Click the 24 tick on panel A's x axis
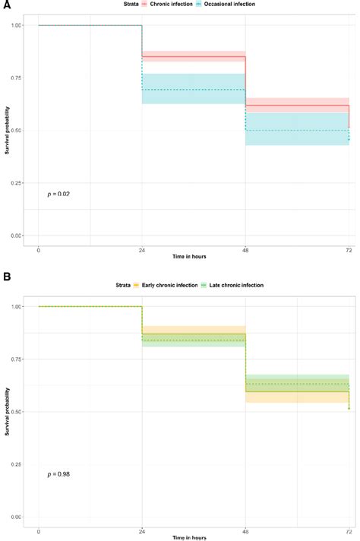[142, 249]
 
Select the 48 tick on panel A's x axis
[245, 249]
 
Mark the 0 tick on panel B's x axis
[38, 530]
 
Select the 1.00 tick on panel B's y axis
[17, 307]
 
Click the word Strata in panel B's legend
[122, 285]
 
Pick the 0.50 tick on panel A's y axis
[17, 131]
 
